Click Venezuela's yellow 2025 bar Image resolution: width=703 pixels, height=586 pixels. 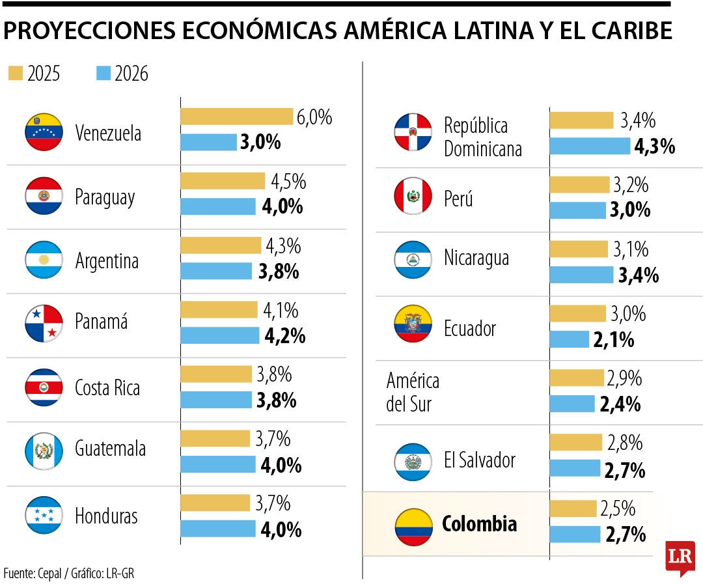[x=236, y=117]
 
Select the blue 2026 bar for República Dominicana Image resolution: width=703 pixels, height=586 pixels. [x=590, y=146]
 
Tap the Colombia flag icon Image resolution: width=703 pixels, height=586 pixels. [x=413, y=526]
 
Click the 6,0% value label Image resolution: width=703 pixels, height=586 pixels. [x=314, y=118]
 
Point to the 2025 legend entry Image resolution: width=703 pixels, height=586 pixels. [x=34, y=74]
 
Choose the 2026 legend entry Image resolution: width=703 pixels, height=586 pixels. [x=122, y=74]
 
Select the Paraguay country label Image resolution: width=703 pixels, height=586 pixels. [x=105, y=197]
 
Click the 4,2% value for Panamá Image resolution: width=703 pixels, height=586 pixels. [x=284, y=336]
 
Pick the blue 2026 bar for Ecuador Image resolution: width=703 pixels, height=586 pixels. [x=569, y=339]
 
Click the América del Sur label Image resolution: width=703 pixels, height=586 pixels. [x=413, y=392]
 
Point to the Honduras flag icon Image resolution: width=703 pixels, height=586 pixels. [x=44, y=516]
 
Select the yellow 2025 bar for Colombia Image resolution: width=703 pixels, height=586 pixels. [x=573, y=509]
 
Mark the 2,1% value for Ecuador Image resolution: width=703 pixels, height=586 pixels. [x=613, y=340]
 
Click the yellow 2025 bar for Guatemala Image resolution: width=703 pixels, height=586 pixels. [x=215, y=439]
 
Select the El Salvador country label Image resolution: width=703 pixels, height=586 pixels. [x=479, y=460]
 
